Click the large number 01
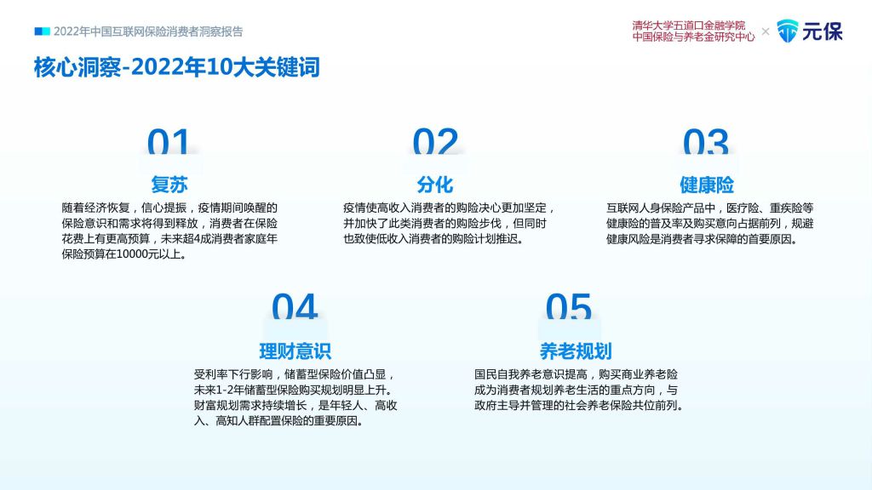(x=168, y=142)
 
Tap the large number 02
(x=435, y=142)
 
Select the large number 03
(x=705, y=142)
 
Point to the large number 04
(x=294, y=306)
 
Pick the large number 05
(x=568, y=306)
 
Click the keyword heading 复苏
(x=169, y=185)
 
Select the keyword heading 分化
(x=435, y=185)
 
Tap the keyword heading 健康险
(x=706, y=185)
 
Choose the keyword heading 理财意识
(x=295, y=351)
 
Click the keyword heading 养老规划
(x=576, y=351)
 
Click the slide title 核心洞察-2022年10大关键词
(x=177, y=67)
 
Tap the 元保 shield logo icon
(x=787, y=31)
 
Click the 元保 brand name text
(x=823, y=31)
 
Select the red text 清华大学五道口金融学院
(x=688, y=26)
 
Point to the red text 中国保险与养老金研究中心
(x=693, y=37)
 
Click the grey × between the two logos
(x=766, y=31)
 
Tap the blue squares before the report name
(x=43, y=31)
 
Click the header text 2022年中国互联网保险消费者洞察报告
(x=148, y=31)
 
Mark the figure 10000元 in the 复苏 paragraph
(x=133, y=254)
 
